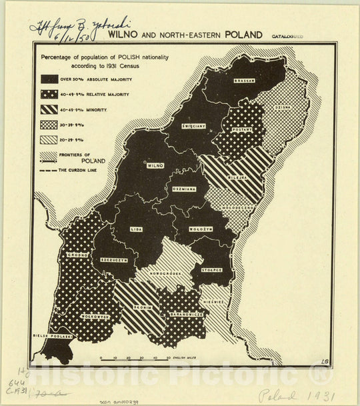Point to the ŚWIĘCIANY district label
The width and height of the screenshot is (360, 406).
point(193,125)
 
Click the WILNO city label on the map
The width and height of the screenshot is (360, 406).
point(155,165)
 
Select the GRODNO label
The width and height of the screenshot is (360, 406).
point(79,254)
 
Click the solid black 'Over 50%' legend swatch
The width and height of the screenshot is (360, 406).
point(49,79)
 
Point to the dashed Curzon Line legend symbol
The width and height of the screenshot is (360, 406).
point(49,171)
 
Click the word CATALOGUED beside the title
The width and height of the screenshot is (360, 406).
point(286,37)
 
